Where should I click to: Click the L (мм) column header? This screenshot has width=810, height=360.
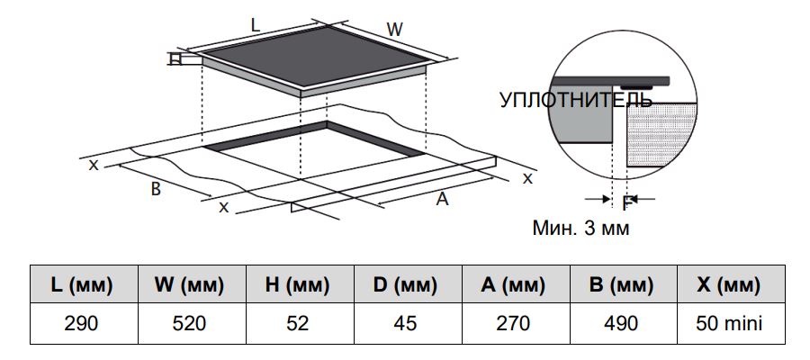pos(84,284)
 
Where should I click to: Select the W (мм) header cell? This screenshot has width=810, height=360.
pos(192,284)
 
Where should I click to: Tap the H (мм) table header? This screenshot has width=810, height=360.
pos(300,284)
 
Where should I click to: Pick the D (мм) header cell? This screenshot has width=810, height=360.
pos(408,284)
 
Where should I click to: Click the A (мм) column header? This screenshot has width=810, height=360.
pos(516,284)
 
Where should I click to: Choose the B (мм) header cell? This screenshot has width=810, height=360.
pos(623,284)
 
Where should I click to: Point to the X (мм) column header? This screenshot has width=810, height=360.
pos(731,284)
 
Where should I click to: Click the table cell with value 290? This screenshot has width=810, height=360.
pos(84,323)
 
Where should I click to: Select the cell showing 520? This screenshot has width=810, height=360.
pos(192,323)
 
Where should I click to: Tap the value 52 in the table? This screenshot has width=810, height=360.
pos(300,323)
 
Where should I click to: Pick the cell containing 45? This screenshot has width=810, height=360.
pos(408,323)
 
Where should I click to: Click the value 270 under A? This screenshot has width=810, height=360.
pos(516,323)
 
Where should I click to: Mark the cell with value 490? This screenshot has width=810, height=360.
pos(623,323)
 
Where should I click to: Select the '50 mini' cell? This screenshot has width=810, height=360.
pos(731,323)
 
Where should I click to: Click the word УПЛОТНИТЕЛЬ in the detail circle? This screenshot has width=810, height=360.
pos(576,100)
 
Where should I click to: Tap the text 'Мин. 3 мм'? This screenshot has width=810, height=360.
pos(581,228)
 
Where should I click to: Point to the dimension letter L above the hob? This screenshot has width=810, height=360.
pos(256,25)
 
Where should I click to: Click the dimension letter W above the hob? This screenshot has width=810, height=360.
pos(395,30)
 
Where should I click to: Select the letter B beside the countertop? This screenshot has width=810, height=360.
pos(156,189)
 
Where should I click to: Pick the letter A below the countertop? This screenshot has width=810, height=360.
pos(442,198)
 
